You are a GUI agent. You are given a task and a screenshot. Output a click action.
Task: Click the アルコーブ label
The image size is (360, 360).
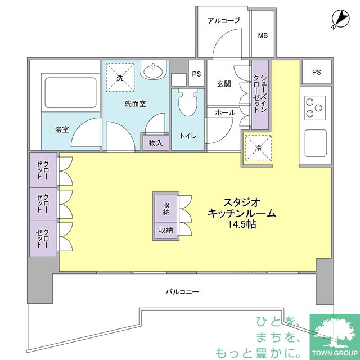pyautogui.click(x=223, y=21)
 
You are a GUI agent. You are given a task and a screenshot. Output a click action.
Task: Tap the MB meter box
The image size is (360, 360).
pyautogui.click(x=263, y=35)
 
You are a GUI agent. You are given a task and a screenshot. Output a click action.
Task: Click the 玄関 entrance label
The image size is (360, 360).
pyautogui.click(x=224, y=84)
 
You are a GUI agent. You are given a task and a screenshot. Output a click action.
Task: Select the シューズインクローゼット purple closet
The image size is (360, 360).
pyautogui.click(x=260, y=94)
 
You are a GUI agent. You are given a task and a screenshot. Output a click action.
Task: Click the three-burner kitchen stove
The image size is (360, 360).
pyautogui.click(x=315, y=107)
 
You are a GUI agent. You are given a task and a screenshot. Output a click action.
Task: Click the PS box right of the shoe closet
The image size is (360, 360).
pyautogui.click(x=316, y=72)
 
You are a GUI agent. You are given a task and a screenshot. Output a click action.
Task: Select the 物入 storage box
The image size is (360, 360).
pyautogui.click(x=155, y=143)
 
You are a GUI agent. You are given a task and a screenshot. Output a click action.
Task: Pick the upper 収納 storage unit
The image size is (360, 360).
pyautogui.click(x=165, y=208)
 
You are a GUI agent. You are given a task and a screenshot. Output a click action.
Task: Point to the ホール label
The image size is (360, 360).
pyautogui.click(x=225, y=112)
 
